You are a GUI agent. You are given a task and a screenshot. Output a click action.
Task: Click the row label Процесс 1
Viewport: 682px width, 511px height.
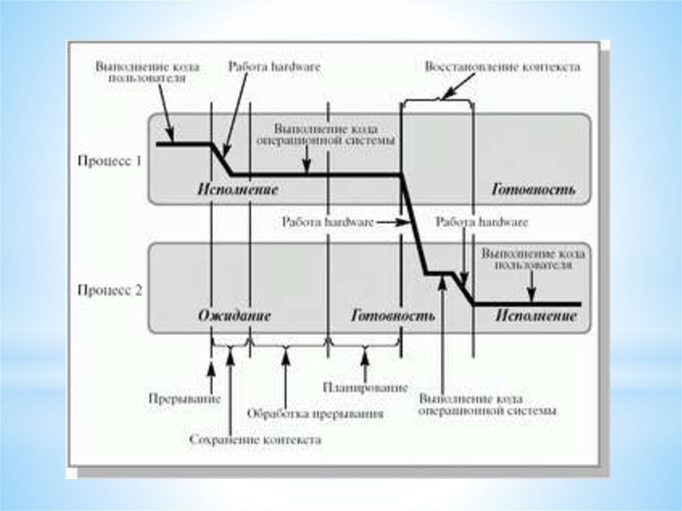coord(109,160)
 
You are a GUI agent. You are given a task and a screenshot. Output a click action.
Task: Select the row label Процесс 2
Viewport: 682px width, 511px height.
coord(109,291)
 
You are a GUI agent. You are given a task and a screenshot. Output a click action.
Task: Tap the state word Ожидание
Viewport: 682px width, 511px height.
coord(234,315)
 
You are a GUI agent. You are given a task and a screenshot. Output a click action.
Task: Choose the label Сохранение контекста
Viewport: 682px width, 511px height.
coord(255,440)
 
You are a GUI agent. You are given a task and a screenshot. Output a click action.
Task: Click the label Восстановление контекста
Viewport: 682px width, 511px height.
coord(502,67)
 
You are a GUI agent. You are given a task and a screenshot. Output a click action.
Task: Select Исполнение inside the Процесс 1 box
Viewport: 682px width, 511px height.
coord(237,189)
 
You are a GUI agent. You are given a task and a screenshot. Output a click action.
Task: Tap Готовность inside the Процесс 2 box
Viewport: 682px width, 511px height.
coord(393,315)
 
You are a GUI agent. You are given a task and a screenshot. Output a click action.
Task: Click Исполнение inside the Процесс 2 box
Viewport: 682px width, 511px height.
coord(536,315)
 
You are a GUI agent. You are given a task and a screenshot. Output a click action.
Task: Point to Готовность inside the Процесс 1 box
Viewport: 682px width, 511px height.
coord(533,189)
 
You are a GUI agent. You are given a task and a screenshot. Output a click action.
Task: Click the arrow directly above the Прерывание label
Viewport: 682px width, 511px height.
coord(211,376)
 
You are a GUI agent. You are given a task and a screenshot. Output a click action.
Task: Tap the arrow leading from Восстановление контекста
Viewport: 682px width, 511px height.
coord(460,85)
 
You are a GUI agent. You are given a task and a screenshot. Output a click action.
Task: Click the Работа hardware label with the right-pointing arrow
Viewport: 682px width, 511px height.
coord(328,223)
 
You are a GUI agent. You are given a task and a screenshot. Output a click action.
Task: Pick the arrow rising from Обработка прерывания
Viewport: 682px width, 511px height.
coord(286,376)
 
